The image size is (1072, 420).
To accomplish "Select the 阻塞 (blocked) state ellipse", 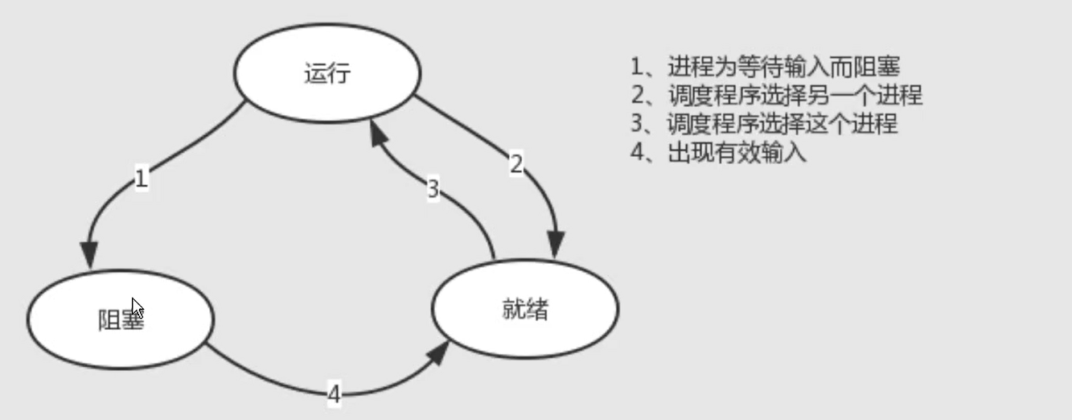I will tap(121, 319).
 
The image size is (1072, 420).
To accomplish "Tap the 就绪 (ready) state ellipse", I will tap(525, 310).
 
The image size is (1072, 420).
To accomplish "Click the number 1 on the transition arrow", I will tap(142, 178).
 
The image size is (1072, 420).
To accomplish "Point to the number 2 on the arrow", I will tap(516, 164).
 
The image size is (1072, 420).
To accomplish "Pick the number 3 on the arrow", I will tap(433, 190).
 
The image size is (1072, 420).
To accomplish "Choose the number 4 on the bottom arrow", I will tap(335, 393).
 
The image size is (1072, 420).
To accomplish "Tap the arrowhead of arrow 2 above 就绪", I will tap(556, 245).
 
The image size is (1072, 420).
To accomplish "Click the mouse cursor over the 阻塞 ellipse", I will tap(137, 307).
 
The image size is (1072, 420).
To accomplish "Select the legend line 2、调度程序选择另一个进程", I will tap(777, 95).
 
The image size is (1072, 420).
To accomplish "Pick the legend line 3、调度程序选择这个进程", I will tap(765, 124).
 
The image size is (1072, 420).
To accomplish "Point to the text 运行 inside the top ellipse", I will tap(327, 74).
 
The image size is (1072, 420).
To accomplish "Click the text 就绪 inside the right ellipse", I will tap(525, 310).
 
